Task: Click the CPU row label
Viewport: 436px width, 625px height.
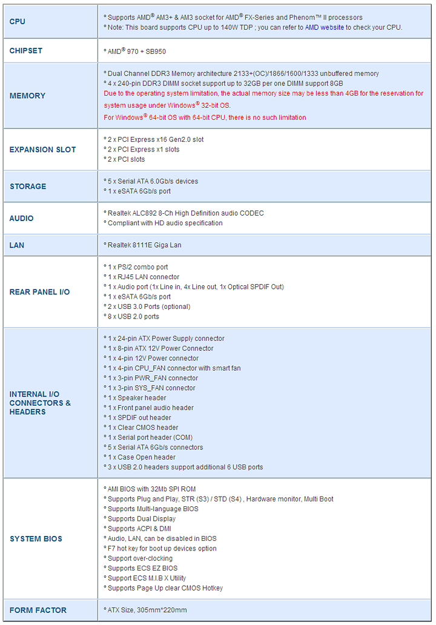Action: coord(18,22)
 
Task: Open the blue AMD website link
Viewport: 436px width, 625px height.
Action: coord(325,27)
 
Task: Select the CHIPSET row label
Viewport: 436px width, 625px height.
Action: coord(26,51)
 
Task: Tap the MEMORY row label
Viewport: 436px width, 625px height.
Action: coord(27,96)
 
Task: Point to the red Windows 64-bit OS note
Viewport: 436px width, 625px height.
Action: coord(205,117)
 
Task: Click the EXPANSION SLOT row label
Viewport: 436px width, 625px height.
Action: coord(42,150)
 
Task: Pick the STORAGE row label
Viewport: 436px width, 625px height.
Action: coord(28,187)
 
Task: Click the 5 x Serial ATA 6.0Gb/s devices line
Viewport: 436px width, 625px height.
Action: coord(152,181)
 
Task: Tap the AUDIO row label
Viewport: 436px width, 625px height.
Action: coord(22,218)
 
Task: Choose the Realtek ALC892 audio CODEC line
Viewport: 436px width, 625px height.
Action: coord(185,213)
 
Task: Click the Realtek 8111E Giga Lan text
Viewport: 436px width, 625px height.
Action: coord(144,245)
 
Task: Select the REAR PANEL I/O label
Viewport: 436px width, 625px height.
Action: coord(39,292)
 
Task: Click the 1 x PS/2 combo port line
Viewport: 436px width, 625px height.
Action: coord(137,267)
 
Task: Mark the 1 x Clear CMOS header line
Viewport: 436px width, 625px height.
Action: coord(143,428)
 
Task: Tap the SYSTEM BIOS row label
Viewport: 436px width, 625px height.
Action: coord(36,538)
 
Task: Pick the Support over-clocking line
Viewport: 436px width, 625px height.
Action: coord(140,558)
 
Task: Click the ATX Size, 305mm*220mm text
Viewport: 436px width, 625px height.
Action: coord(147,610)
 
